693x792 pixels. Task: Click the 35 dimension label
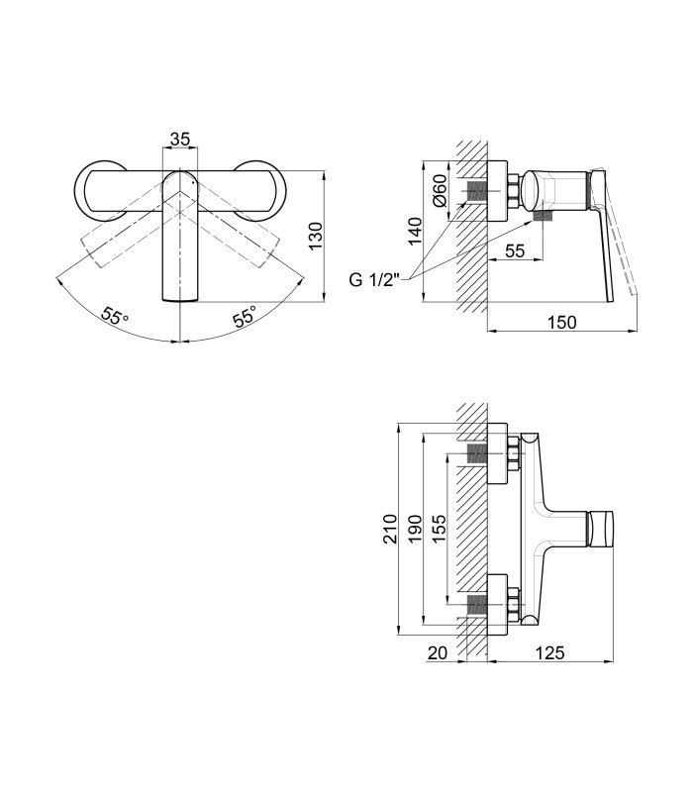click(x=180, y=139)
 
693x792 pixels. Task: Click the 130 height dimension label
click(x=316, y=236)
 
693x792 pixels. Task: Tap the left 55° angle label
click(x=115, y=316)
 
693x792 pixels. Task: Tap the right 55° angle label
click(x=245, y=316)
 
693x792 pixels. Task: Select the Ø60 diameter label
click(x=440, y=190)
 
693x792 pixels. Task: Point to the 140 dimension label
click(x=415, y=232)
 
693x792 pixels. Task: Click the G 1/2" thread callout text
click(x=374, y=279)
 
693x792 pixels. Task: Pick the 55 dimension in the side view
click(x=515, y=250)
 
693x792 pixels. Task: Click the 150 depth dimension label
click(x=561, y=322)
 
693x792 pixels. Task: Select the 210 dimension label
click(x=390, y=529)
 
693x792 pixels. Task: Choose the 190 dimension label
click(x=415, y=529)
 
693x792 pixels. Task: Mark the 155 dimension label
click(x=439, y=529)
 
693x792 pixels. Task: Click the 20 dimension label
click(x=438, y=653)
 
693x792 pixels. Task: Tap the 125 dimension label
click(x=549, y=653)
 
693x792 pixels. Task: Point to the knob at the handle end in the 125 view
click(x=601, y=529)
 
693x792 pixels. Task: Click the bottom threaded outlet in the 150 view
click(x=543, y=216)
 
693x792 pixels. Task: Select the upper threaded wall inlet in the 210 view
click(x=477, y=453)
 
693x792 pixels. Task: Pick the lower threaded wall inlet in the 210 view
click(x=477, y=604)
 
